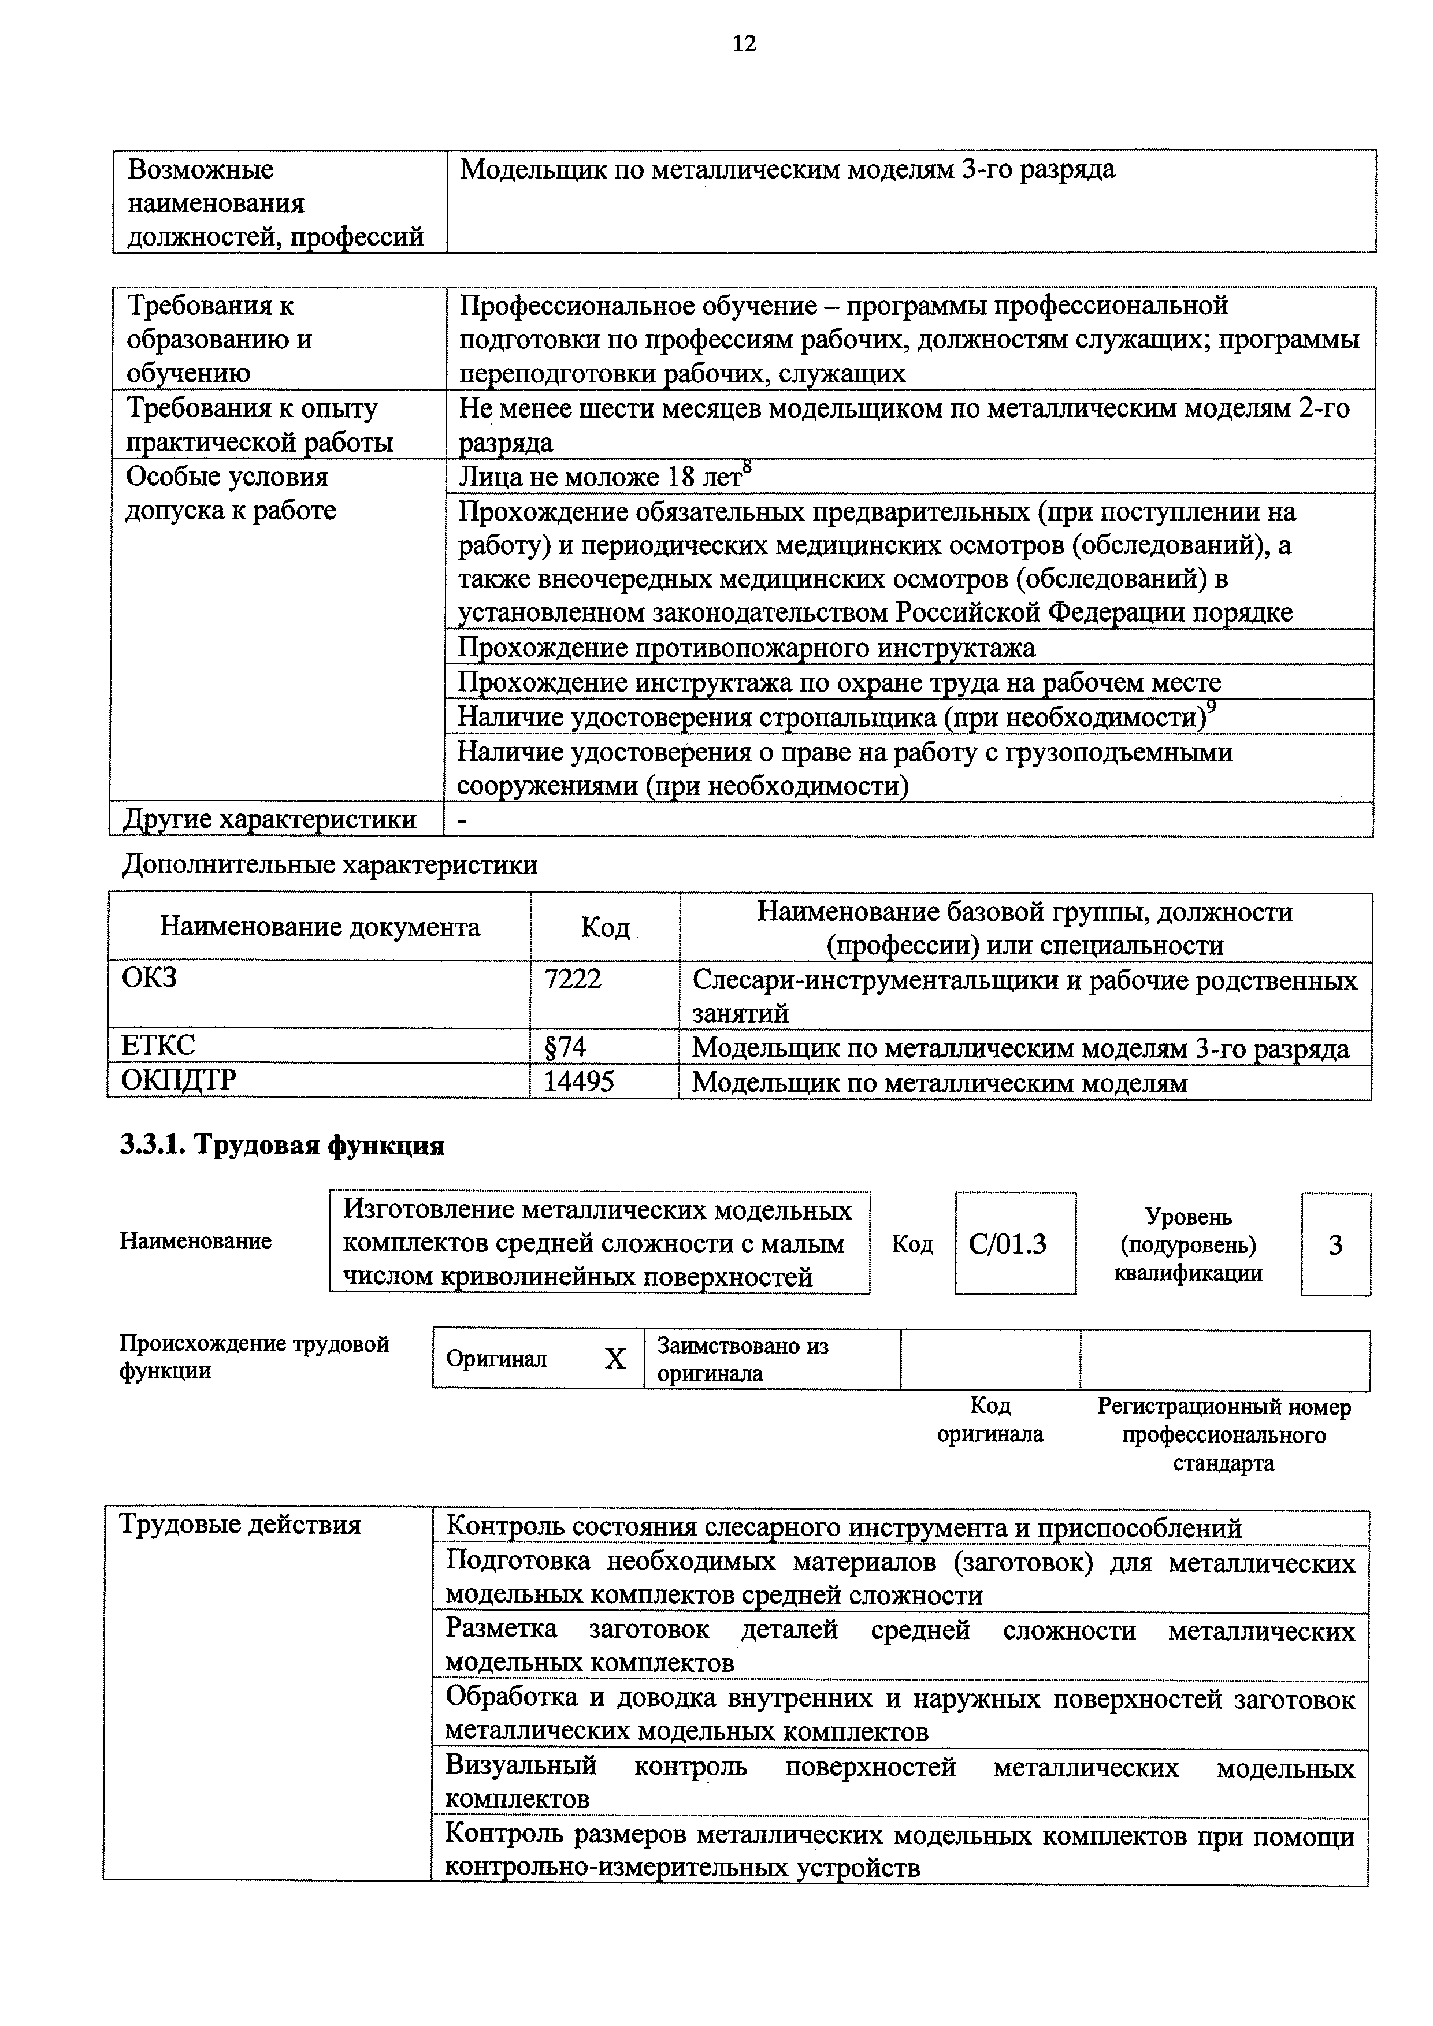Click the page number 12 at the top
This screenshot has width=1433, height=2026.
click(x=744, y=43)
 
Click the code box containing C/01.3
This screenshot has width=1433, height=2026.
click(x=1015, y=1244)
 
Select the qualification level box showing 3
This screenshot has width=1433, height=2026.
click(x=1335, y=1245)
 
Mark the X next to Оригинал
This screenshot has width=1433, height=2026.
click(x=614, y=1359)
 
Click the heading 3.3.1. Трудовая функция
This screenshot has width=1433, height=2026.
click(x=283, y=1146)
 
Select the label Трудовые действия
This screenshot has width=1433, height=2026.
click(x=240, y=1524)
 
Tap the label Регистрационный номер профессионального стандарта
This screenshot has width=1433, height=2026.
click(x=1223, y=1435)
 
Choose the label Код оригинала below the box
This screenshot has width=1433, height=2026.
click(x=989, y=1420)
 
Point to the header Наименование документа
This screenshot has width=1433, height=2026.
click(x=320, y=927)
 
